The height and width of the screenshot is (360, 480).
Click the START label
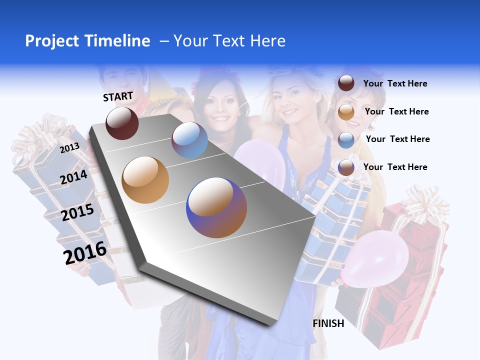coord(118,96)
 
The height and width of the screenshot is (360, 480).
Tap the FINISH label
coord(328,323)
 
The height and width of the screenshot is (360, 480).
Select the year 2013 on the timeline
coord(70,148)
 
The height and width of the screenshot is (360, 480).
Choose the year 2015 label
coord(77,212)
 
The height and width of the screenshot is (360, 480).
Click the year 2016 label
coord(85,252)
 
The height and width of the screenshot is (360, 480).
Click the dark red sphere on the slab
coord(122,123)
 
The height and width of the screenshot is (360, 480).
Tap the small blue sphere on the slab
coord(189,140)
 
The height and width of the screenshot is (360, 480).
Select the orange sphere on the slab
coord(145,180)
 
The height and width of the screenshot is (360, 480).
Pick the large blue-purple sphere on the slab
coord(216,207)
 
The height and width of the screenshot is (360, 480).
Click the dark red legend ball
coord(346,83)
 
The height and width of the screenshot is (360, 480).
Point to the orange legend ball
coord(346,112)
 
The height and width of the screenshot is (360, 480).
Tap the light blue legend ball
coord(346,139)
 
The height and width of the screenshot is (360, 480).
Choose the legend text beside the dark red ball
coord(395,83)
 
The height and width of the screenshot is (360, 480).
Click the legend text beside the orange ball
coord(396,111)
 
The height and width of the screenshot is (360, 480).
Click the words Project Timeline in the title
coord(87,41)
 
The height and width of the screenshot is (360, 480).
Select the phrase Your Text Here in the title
coord(229,41)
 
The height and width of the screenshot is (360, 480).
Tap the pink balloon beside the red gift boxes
coord(369,260)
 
